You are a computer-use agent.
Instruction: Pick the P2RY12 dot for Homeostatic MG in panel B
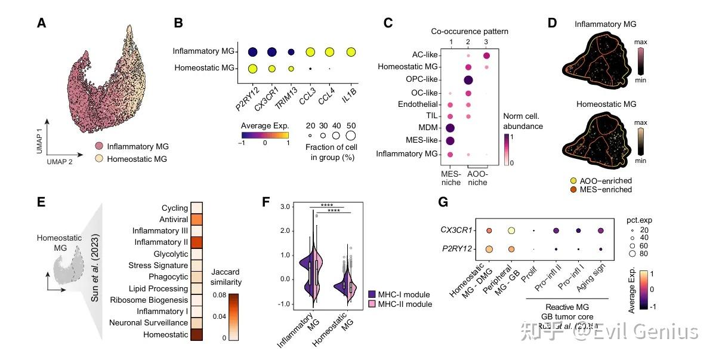coord(253,69)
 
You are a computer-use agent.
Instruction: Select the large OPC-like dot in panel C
coord(468,80)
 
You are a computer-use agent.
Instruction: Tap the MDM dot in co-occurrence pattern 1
coord(451,128)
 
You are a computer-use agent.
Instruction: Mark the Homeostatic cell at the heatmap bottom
coord(195,334)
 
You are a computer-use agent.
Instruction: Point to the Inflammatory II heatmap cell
coord(195,242)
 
